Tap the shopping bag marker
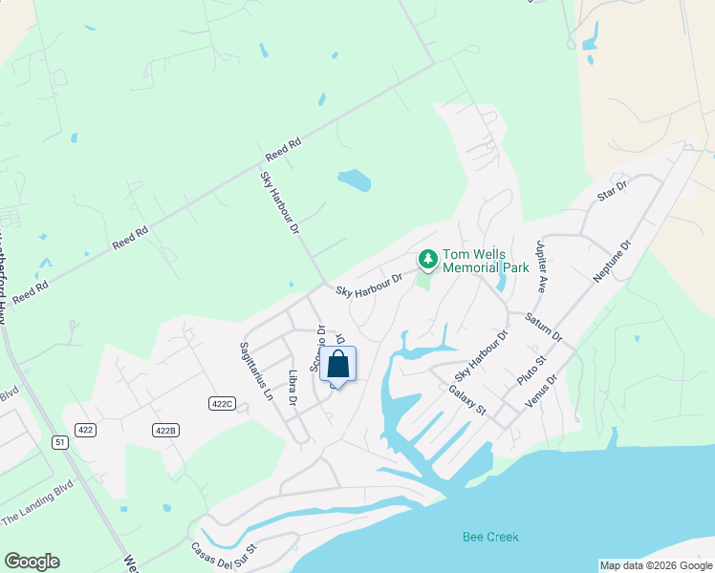coord(337,365)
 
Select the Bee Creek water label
coord(490,537)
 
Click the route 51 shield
coord(60,442)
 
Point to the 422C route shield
coord(222,404)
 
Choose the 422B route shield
coord(166,431)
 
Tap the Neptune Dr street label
coord(613,261)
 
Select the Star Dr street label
coord(610,189)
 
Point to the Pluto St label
coord(531,368)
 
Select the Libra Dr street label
coord(293,387)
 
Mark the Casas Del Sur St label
coord(225,559)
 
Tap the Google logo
coord(32,562)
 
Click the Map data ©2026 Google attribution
coord(656,565)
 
